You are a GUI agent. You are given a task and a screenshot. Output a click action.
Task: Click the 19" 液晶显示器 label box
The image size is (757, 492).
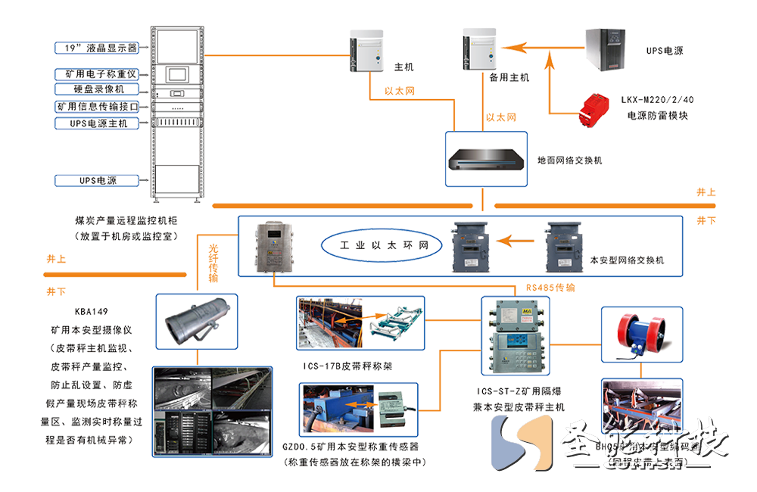click(97, 47)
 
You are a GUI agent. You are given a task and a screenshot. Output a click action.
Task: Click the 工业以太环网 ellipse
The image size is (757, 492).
click(378, 246)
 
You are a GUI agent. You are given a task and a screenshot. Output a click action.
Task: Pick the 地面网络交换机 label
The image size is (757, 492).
click(569, 160)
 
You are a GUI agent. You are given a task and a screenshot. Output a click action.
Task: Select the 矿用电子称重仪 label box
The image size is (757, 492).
click(97, 74)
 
